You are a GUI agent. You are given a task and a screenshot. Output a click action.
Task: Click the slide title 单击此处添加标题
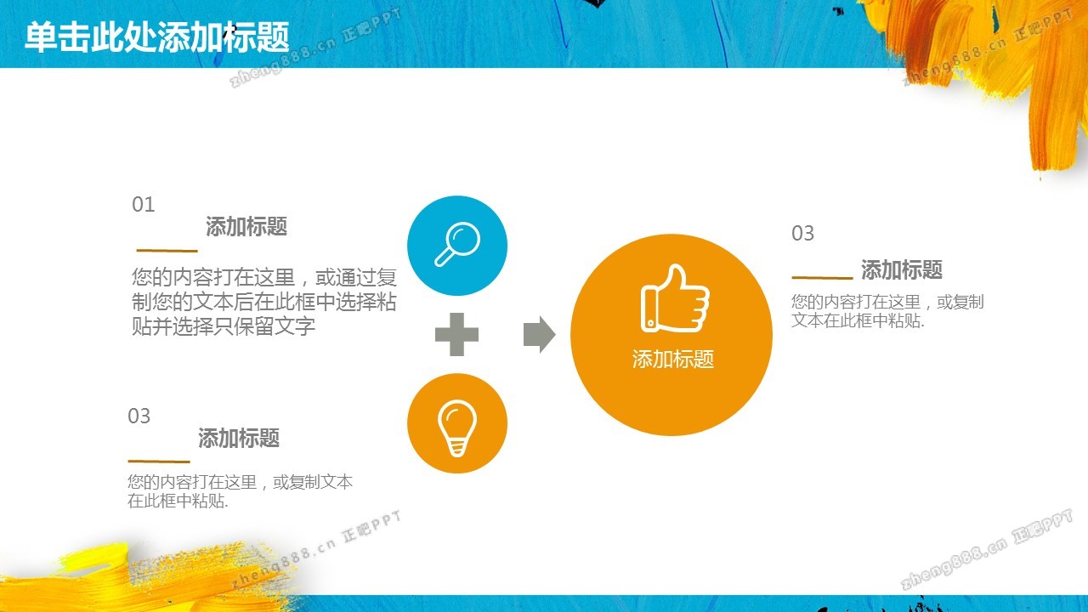pyautogui.click(x=157, y=37)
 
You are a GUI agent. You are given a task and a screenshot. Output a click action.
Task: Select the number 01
pyautogui.click(x=144, y=205)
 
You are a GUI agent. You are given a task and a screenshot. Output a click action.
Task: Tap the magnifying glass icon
pyautogui.click(x=457, y=244)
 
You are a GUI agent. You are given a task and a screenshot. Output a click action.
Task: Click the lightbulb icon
pyautogui.click(x=457, y=428)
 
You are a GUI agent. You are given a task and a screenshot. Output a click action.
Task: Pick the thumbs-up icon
pyautogui.click(x=675, y=299)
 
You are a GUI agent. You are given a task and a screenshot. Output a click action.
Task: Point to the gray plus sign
pyautogui.click(x=456, y=334)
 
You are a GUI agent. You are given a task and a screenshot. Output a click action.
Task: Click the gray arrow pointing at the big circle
pyautogui.click(x=539, y=334)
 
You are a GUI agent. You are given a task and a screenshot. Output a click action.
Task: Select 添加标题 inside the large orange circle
pyautogui.click(x=672, y=360)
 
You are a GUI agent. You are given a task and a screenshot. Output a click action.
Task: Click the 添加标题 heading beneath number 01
pyautogui.click(x=246, y=226)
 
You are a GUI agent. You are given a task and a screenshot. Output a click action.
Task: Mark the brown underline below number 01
pyautogui.click(x=167, y=251)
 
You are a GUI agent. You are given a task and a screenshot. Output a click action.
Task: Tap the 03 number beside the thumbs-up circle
pyautogui.click(x=802, y=234)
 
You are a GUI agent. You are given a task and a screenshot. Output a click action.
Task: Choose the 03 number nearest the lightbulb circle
pyautogui.click(x=139, y=416)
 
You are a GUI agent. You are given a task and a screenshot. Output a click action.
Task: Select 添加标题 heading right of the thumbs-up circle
pyautogui.click(x=902, y=269)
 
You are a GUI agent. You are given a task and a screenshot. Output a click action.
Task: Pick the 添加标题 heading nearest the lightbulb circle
pyautogui.click(x=239, y=438)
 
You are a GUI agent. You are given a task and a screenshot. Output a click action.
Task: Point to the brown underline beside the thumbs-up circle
pyautogui.click(x=822, y=278)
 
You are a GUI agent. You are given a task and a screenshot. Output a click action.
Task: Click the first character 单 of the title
pyautogui.click(x=41, y=37)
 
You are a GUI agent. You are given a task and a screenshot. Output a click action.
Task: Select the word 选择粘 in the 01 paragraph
pyautogui.click(x=366, y=302)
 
